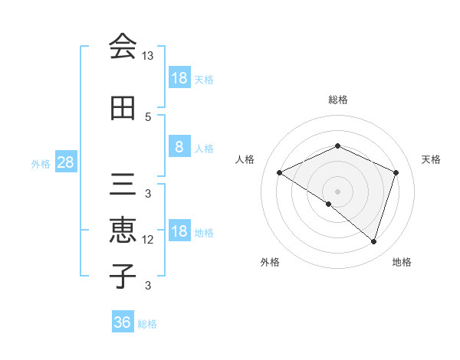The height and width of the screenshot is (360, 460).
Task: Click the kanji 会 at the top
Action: [x=123, y=46]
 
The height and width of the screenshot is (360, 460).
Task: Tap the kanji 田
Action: [x=123, y=108]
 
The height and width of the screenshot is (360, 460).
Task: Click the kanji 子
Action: [x=123, y=275]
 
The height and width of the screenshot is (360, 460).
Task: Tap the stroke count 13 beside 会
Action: [x=148, y=56]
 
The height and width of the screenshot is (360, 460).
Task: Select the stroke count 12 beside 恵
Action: [x=148, y=240]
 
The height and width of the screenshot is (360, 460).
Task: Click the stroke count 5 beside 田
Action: [x=148, y=117]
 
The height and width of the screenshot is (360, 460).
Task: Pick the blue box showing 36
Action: [x=123, y=322]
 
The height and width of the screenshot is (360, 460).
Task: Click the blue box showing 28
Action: [x=65, y=162]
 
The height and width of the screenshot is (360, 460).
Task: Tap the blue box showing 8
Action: [x=179, y=147]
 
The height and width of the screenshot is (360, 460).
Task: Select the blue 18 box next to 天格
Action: [x=179, y=78]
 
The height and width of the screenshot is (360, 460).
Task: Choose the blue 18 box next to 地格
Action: [x=179, y=232]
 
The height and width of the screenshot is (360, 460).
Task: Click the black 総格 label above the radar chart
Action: [x=337, y=100]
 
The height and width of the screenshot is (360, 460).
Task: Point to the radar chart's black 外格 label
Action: [x=270, y=262]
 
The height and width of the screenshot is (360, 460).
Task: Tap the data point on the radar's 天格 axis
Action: [x=396, y=172]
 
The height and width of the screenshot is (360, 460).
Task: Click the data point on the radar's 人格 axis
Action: [x=280, y=172]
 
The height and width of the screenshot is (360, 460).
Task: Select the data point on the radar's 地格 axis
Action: [x=373, y=241]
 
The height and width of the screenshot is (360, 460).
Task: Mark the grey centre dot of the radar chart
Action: [x=337, y=191]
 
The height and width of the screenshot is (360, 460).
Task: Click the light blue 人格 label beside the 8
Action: [x=204, y=148]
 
